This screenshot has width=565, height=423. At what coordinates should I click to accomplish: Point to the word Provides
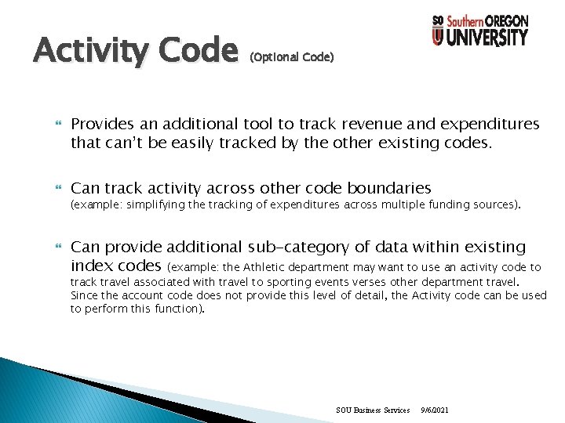tap(99, 124)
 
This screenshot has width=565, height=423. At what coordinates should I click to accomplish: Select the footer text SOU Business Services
tap(372, 410)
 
